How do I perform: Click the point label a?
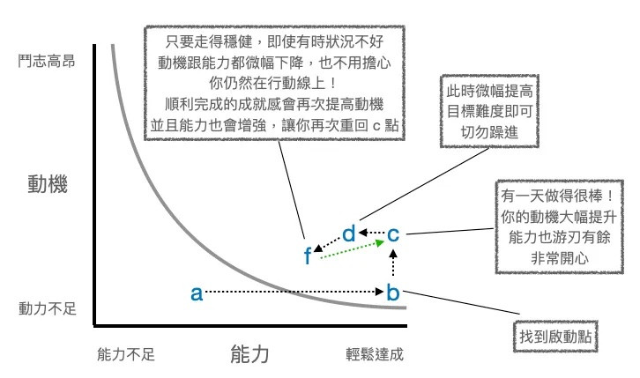(196, 293)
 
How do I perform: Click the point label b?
(394, 293)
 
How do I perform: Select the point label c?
(394, 234)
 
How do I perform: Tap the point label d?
(348, 233)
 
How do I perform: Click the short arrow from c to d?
(371, 233)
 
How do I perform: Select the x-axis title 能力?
(249, 355)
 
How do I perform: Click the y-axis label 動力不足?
(48, 309)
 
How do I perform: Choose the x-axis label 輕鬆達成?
(374, 355)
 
